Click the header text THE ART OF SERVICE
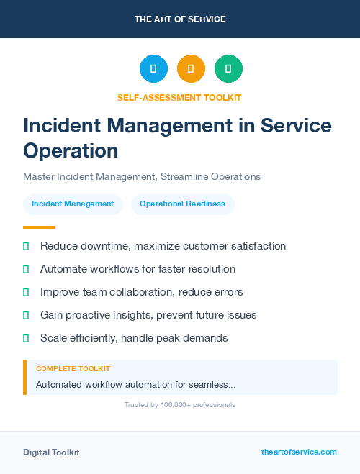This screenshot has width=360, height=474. point(180,19)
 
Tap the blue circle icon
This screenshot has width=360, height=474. point(153,69)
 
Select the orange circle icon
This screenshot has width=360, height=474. point(191,69)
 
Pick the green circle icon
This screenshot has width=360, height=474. point(228,69)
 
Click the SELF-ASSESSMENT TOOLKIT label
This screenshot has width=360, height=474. point(180,97)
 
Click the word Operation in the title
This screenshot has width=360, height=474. point(71,151)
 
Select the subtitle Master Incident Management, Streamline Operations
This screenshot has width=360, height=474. point(142,176)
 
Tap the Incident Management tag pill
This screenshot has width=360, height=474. point(73,204)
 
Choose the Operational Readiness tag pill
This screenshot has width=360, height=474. point(182,204)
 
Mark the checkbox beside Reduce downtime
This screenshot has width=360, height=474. point(26,246)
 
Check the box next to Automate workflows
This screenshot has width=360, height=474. point(26,269)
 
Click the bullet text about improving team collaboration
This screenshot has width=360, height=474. point(141,292)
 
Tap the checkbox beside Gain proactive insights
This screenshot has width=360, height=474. point(26,315)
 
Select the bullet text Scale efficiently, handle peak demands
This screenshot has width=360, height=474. point(134,338)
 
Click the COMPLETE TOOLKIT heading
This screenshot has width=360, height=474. point(73,369)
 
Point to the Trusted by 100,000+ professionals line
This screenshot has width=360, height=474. point(180,405)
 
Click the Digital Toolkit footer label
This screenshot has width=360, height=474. point(51,452)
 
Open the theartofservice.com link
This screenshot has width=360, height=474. point(299,452)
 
